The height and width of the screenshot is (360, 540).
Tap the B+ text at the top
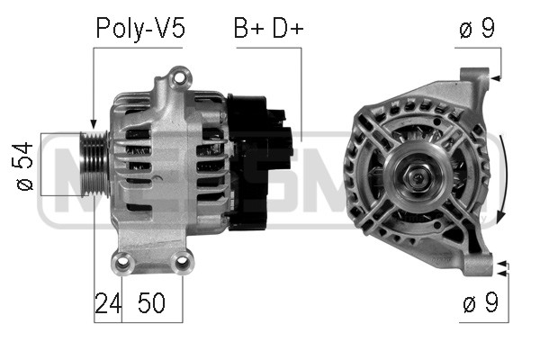(x=248, y=28)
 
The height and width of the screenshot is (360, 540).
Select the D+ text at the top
(x=288, y=28)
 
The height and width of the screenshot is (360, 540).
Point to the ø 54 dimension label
(x=24, y=166)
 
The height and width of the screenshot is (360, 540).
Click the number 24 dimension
(x=108, y=303)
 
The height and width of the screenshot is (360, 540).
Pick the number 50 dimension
(x=151, y=303)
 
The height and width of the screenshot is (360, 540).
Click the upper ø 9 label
(x=477, y=28)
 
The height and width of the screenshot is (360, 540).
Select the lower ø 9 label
(x=481, y=302)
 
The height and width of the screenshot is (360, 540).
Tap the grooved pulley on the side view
(x=94, y=164)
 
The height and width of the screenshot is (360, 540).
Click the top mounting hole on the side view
(x=179, y=77)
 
